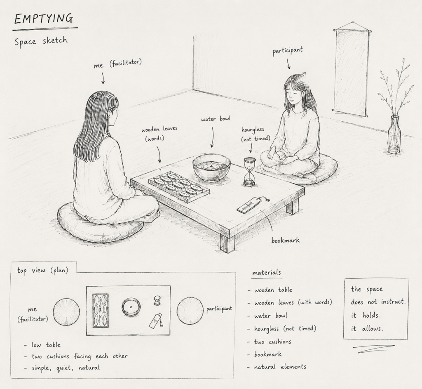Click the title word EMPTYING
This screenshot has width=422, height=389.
tap(43, 19)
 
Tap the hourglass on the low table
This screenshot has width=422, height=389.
tap(249, 172)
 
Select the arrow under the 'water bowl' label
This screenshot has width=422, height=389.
tap(213, 137)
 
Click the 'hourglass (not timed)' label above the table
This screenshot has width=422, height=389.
tap(256, 134)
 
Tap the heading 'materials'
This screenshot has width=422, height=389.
tap(267, 273)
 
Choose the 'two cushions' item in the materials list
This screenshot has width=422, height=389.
tap(272, 342)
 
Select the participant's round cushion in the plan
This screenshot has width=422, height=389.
tap(190, 311)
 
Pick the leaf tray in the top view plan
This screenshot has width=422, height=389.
tap(101, 311)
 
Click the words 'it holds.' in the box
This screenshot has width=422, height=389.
tap(366, 315)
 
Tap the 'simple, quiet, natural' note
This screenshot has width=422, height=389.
tap(66, 368)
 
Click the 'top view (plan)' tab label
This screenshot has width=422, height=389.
tap(42, 270)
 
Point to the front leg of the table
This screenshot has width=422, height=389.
tap(228, 244)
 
